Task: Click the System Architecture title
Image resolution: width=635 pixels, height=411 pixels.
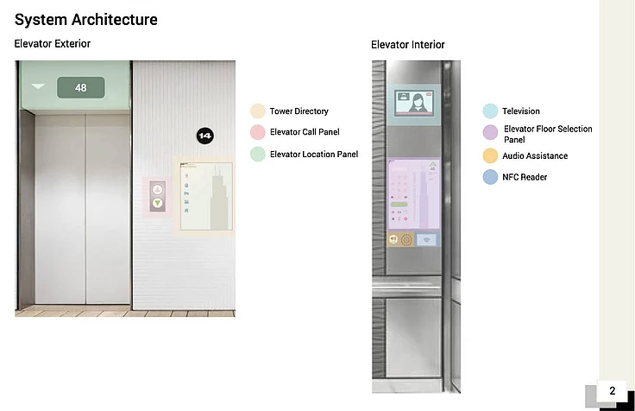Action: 85,19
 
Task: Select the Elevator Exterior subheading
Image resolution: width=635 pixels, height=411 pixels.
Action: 53,43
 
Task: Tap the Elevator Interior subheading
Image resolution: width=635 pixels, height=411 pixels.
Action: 408,45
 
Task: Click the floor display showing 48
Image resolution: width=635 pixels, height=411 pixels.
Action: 81,87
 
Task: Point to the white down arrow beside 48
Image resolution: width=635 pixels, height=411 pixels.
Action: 38,86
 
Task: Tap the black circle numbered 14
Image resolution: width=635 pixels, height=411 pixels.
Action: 204,136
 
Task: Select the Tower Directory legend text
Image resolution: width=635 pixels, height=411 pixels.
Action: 299,111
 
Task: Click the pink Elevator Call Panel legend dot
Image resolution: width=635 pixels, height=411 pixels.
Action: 257,132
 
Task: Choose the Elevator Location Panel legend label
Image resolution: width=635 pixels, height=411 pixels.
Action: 313,154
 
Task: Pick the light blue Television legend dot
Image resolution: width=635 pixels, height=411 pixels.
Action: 490,111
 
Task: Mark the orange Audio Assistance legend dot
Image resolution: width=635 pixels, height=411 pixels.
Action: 490,156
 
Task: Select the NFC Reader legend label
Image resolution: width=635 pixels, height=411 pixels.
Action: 525,177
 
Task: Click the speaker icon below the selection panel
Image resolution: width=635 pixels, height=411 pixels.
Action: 393,239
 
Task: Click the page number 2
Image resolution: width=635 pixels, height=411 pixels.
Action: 613,391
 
